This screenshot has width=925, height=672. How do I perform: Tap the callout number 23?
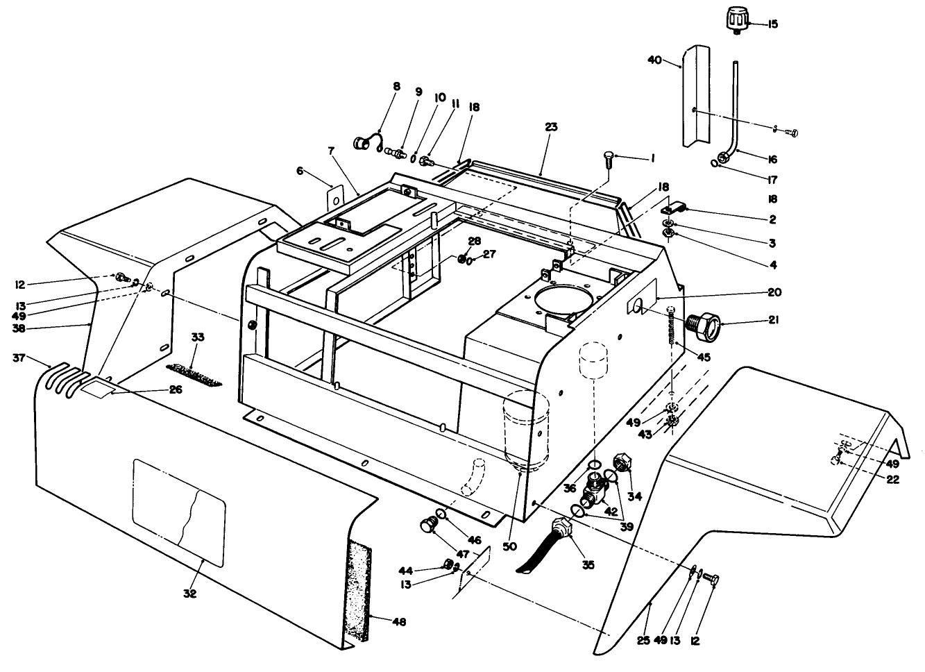coord(551,127)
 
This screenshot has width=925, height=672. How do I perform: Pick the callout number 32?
coord(189,594)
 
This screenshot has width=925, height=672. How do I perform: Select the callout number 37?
coord(19,358)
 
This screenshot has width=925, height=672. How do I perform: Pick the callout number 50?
coord(510,547)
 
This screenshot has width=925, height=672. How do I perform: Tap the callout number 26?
coord(176,390)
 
